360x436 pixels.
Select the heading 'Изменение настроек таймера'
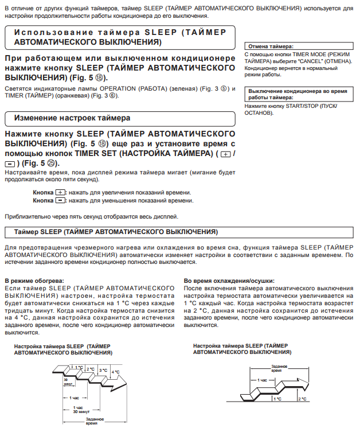point(68,118)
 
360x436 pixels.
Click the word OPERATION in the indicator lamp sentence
point(115,89)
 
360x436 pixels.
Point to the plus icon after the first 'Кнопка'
point(61,192)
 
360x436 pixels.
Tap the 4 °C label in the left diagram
point(116,372)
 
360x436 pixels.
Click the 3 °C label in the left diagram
point(103,371)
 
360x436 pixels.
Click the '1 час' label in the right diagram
point(262,380)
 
